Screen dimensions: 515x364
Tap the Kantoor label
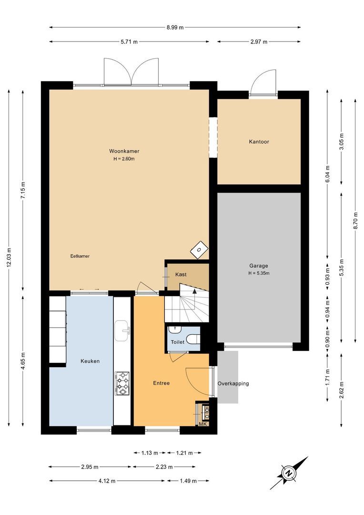pyautogui.click(x=259, y=142)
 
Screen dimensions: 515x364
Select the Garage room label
pyautogui.click(x=259, y=266)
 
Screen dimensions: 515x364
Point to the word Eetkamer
pyautogui.click(x=80, y=256)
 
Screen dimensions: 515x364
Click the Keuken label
pyautogui.click(x=90, y=361)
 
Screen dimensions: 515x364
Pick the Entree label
pyautogui.click(x=161, y=383)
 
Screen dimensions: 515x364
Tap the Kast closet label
pyautogui.click(x=181, y=275)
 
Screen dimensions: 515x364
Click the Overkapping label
pyautogui.click(x=233, y=383)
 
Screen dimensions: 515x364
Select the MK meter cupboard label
pyautogui.click(x=202, y=424)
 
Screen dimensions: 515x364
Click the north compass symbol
pyautogui.click(x=288, y=473)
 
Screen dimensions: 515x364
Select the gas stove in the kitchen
pyautogui.click(x=122, y=384)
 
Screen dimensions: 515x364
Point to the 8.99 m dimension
pyautogui.click(x=175, y=28)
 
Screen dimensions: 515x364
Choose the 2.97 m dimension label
pyautogui.click(x=259, y=42)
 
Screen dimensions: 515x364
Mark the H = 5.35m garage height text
pyautogui.click(x=259, y=273)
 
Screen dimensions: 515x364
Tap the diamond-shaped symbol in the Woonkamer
pyautogui.click(x=199, y=248)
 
